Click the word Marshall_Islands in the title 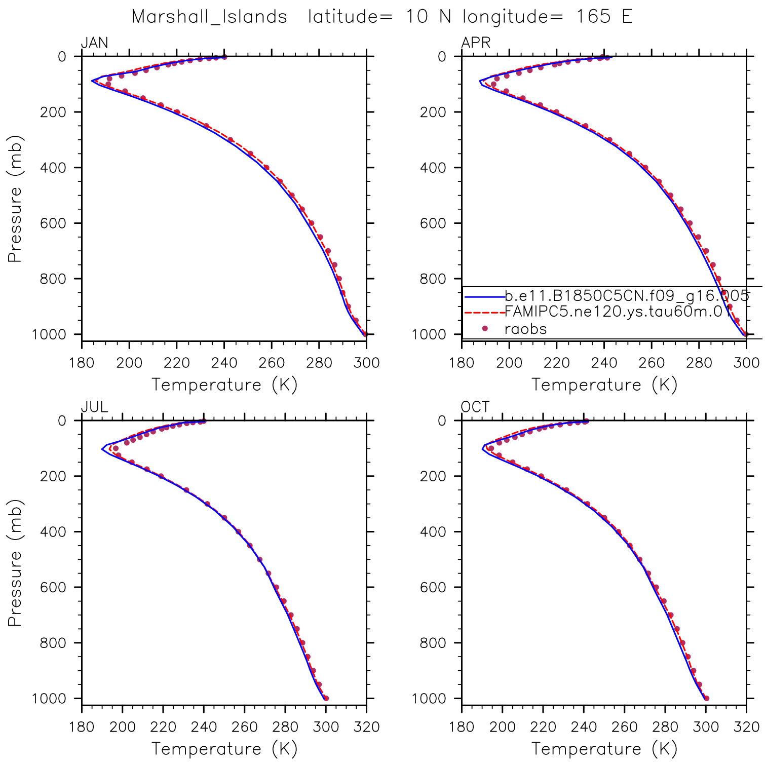(209, 17)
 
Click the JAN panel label (95, 43)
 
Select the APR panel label (476, 43)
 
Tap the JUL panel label (94, 407)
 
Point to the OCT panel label (475, 407)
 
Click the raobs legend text (526, 329)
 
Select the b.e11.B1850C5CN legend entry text (627, 295)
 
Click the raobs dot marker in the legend (485, 329)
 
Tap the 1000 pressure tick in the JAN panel (49, 334)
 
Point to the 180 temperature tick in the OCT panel (462, 727)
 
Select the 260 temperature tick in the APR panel (652, 363)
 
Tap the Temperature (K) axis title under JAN (224, 385)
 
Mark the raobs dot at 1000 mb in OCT (706, 698)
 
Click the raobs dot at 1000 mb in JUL (326, 698)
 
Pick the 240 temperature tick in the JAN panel (224, 363)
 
